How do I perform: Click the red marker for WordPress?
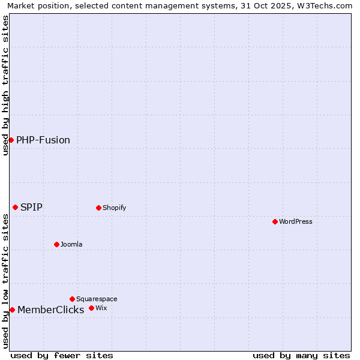275,221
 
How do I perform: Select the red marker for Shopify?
98,208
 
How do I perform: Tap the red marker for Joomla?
56,244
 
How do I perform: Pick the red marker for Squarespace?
72,299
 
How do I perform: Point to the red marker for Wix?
91,308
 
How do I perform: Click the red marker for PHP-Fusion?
11,140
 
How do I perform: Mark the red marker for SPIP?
15,207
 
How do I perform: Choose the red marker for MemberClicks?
12,310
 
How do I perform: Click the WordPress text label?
296,221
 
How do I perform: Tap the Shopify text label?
114,208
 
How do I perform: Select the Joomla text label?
71,244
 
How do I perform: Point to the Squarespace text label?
97,299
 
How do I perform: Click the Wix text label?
101,308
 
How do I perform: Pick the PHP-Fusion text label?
43,140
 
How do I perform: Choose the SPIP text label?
31,207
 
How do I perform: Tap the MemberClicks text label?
50,310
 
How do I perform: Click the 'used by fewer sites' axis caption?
62,355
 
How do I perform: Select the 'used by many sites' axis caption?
301,355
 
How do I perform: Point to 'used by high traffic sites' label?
5,86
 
